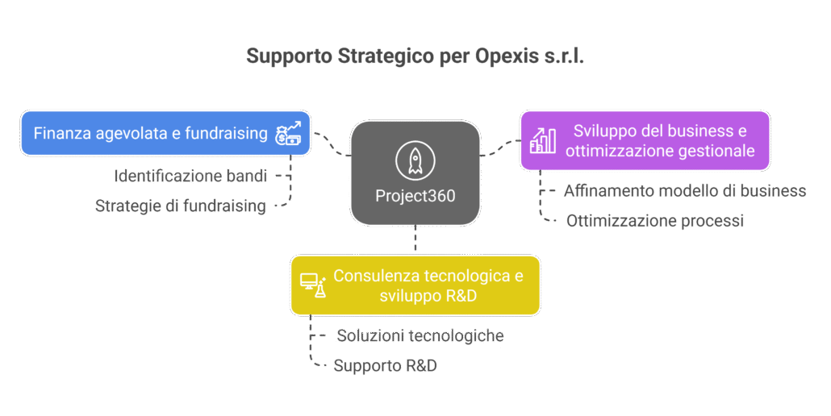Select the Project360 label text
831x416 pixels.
(x=415, y=196)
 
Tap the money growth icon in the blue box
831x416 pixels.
(x=289, y=133)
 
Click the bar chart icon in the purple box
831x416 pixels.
(x=542, y=141)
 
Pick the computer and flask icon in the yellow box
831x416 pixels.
(x=312, y=285)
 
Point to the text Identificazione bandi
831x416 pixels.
(x=190, y=176)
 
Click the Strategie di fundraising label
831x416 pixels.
(x=181, y=206)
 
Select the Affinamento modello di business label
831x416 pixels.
(x=684, y=191)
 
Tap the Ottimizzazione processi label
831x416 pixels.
(x=654, y=220)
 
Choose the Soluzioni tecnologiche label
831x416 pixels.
(x=420, y=336)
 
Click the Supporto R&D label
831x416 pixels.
(x=386, y=365)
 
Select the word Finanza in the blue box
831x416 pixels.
(x=61, y=133)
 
